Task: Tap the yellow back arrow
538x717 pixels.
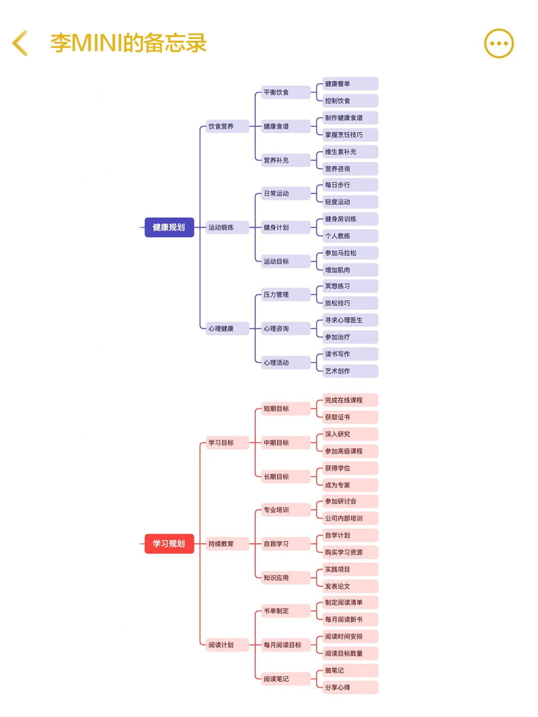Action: (x=19, y=43)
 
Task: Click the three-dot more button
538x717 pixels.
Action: (x=499, y=43)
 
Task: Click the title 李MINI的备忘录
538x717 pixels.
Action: (x=129, y=43)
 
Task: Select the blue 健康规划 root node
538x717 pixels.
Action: (x=169, y=227)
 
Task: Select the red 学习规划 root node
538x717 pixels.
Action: (x=169, y=544)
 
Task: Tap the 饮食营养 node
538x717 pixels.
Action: (x=227, y=126)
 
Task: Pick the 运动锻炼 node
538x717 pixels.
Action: (x=227, y=228)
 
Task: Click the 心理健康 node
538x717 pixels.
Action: (x=227, y=329)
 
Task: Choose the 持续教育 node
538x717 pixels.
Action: (x=227, y=544)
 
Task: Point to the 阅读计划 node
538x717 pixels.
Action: (x=227, y=645)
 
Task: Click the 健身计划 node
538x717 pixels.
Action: (x=286, y=228)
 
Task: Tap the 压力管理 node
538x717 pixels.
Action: (x=286, y=295)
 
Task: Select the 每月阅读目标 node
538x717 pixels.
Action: (x=286, y=645)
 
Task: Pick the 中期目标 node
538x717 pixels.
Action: (x=286, y=443)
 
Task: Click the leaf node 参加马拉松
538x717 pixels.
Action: (x=350, y=253)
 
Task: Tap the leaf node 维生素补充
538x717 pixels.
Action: (x=350, y=152)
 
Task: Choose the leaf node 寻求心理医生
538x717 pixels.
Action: (x=350, y=320)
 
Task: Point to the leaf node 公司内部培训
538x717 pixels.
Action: (x=350, y=518)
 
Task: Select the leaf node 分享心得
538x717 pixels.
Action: (x=350, y=687)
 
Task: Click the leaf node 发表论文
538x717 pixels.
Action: (x=350, y=587)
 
